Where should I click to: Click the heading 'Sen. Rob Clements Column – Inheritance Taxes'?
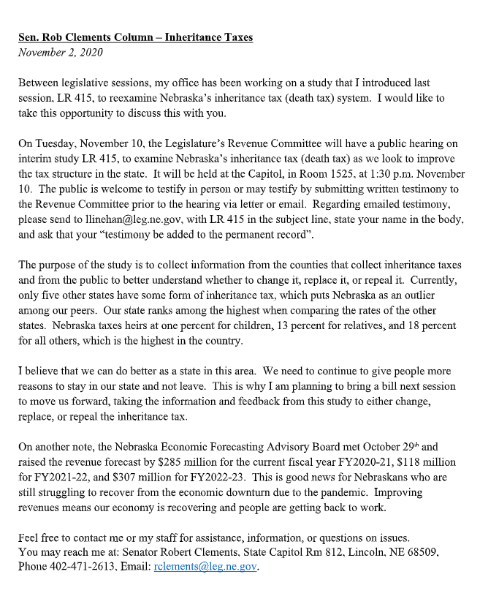pos(135,37)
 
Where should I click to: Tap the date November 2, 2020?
pos(61,52)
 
